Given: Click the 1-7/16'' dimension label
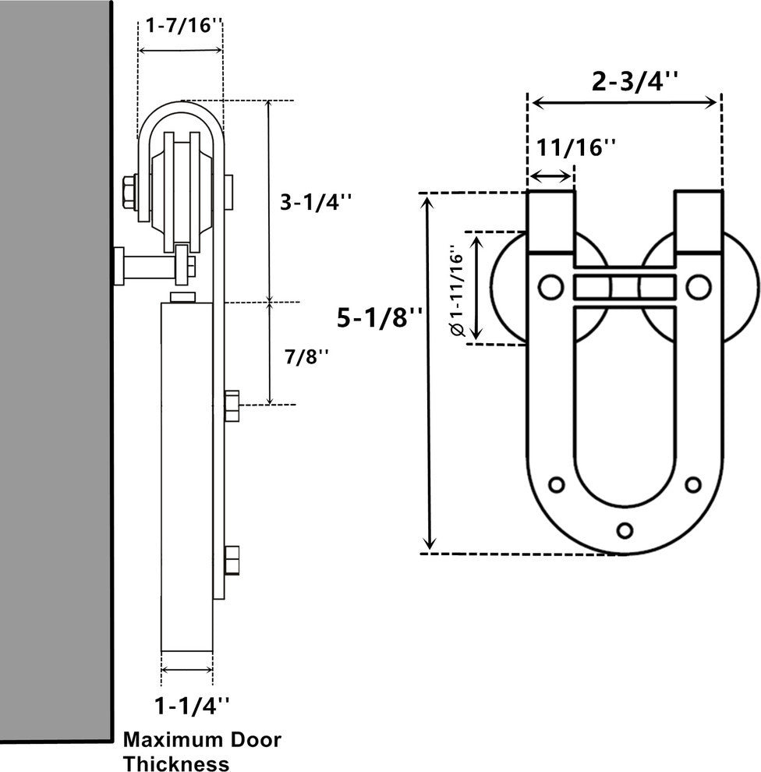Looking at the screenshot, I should pos(180,25).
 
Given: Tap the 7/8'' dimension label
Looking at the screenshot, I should pos(307,356).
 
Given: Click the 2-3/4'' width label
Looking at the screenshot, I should pos(625,82).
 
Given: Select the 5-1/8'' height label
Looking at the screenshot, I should pos(380,317).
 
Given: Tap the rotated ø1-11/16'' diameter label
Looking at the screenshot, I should pos(457,291).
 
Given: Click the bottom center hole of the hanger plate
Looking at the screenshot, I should pos(624,529).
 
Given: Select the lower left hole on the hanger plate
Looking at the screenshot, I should pos(556,484).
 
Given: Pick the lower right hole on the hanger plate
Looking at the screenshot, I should pos(692,484).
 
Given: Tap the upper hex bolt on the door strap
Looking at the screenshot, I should pos(232,406).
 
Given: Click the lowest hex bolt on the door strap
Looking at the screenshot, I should pos(232,560).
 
